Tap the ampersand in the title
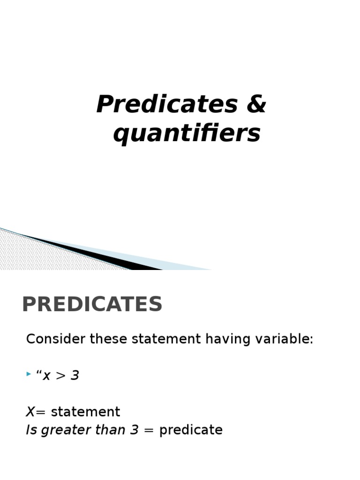click(255, 105)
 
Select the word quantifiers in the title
click(187, 134)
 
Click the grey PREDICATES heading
click(92, 305)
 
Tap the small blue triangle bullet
click(29, 375)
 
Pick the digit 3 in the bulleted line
click(75, 375)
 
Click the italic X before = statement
click(30, 412)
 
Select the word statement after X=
click(85, 412)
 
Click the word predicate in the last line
click(191, 430)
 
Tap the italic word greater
click(63, 430)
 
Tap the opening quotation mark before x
click(39, 374)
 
